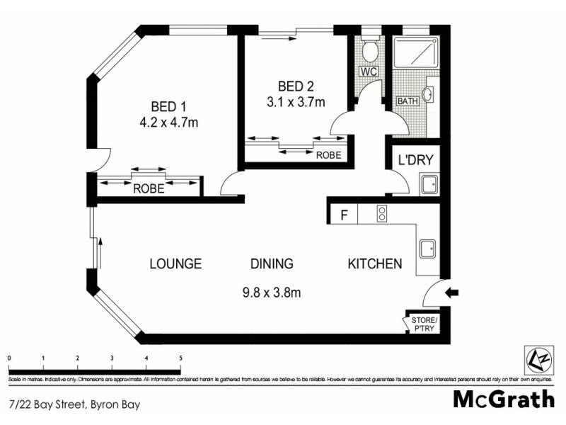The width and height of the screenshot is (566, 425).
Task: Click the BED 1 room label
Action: pyautogui.click(x=169, y=107)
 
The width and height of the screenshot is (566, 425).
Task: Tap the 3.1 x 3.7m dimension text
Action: pyautogui.click(x=295, y=102)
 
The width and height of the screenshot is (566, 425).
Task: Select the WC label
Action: pyautogui.click(x=367, y=72)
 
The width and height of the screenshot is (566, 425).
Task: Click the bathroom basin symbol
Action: pyautogui.click(x=429, y=94)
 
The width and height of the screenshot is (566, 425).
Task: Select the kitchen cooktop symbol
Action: pyautogui.click(x=381, y=214)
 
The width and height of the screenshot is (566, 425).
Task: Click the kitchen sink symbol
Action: pyautogui.click(x=428, y=249)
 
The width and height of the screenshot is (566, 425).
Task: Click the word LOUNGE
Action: pyautogui.click(x=175, y=264)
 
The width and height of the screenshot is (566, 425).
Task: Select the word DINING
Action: pyautogui.click(x=272, y=264)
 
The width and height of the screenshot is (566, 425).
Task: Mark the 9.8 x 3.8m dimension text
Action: pyautogui.click(x=272, y=290)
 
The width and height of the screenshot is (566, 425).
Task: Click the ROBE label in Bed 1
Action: pyautogui.click(x=149, y=189)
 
